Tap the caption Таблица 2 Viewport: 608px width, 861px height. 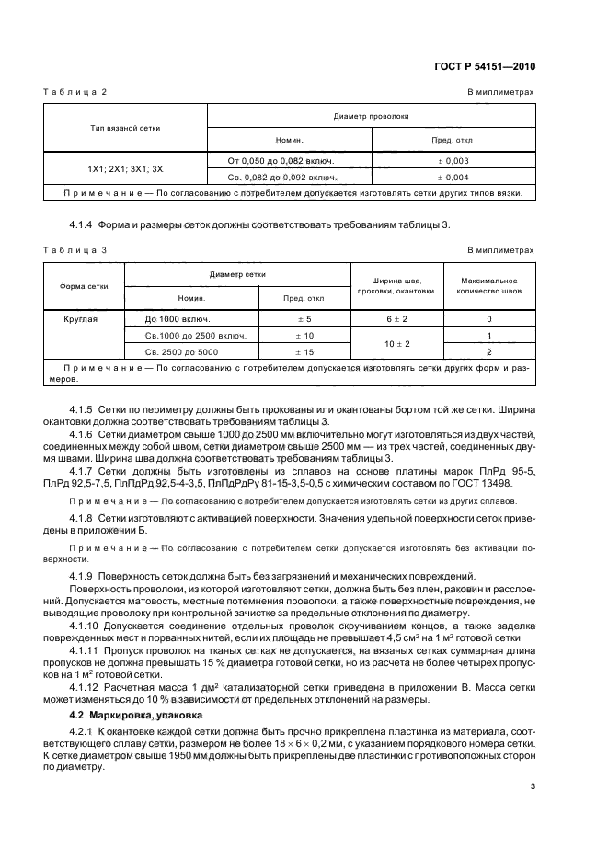(76, 93)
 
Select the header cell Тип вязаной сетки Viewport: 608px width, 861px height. (126, 127)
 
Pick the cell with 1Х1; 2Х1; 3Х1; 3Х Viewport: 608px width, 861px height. (126, 169)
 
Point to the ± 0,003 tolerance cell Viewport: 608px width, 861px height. (453, 160)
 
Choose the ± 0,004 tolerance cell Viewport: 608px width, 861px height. (453, 177)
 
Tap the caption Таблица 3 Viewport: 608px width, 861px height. (76, 249)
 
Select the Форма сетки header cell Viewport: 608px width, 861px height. (85, 285)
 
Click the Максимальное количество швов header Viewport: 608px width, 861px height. (487, 285)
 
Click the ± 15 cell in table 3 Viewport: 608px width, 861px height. (304, 351)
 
